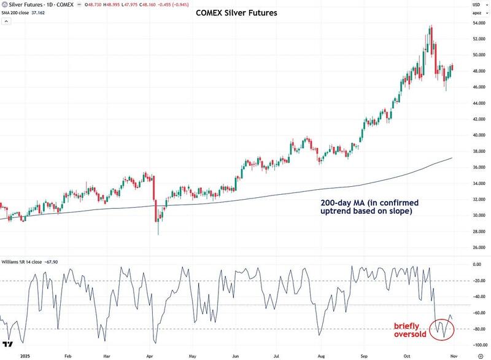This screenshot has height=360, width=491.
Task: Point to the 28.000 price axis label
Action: coord(480,232)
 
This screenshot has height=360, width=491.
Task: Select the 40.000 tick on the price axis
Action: coord(480,135)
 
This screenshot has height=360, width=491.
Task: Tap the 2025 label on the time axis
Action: coord(25,356)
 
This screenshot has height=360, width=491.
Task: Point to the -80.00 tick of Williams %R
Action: coord(480,329)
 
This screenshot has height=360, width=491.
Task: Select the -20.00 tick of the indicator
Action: coord(480,281)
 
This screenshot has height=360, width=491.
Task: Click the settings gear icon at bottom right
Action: coord(479,356)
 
